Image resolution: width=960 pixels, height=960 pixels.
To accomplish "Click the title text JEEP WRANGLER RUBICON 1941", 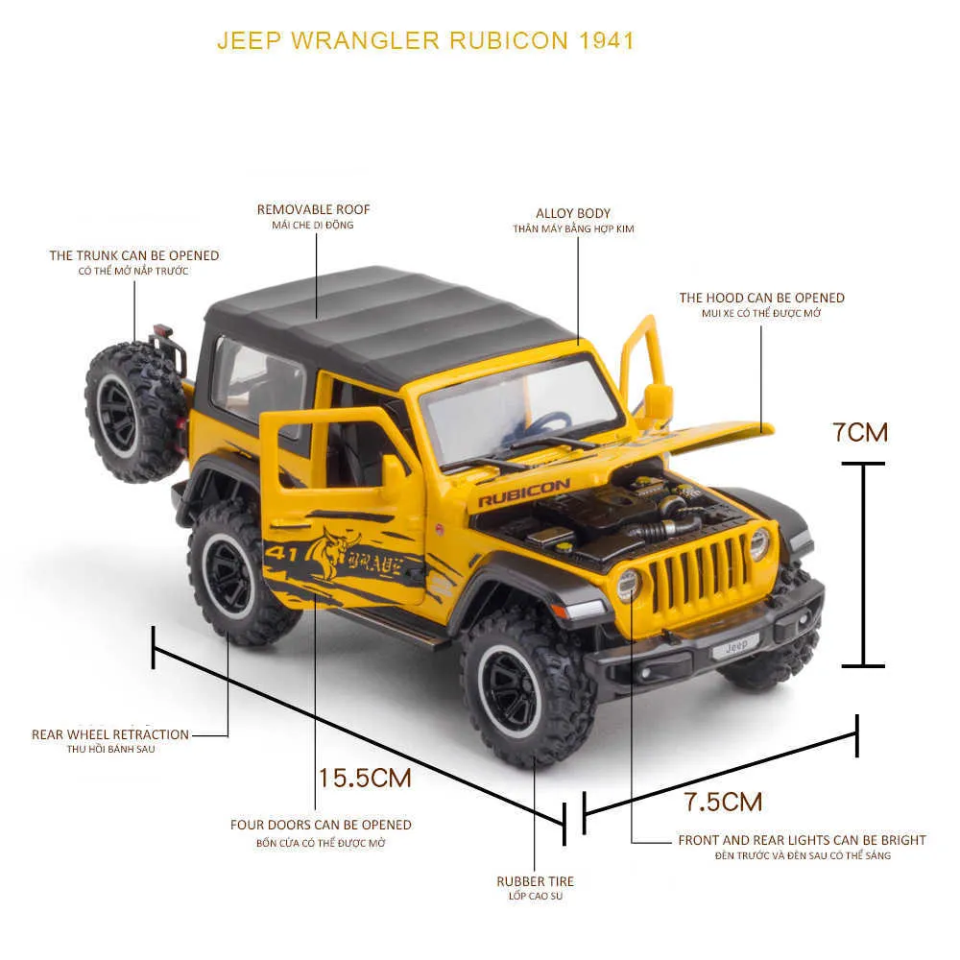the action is (x=425, y=40).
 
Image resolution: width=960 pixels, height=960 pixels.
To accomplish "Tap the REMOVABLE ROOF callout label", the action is (x=314, y=209).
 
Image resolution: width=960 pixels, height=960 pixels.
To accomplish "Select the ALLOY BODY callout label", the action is (x=573, y=213).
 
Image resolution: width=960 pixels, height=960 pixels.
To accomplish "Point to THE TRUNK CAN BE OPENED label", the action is (x=134, y=255).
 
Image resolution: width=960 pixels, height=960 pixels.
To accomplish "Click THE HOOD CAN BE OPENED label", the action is (x=761, y=298).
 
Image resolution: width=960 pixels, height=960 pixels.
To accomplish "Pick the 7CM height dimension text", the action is (x=860, y=432).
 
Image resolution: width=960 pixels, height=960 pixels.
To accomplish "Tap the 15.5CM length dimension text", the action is (x=365, y=779).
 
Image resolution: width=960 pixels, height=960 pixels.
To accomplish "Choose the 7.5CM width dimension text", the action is (x=723, y=802).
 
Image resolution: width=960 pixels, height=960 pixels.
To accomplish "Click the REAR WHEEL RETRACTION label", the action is (x=110, y=734).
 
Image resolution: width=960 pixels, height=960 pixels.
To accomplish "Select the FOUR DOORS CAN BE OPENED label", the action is (x=321, y=825).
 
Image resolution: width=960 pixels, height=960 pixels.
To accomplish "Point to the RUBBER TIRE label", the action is (x=535, y=881).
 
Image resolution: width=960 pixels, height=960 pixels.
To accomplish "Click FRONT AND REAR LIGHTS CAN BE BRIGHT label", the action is (x=802, y=840).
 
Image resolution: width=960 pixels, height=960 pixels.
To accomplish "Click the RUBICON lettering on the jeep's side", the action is (x=523, y=492).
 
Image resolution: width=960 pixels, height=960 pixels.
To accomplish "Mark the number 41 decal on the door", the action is (x=281, y=553).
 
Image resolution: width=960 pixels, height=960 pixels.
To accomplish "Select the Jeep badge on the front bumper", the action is (x=736, y=645).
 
